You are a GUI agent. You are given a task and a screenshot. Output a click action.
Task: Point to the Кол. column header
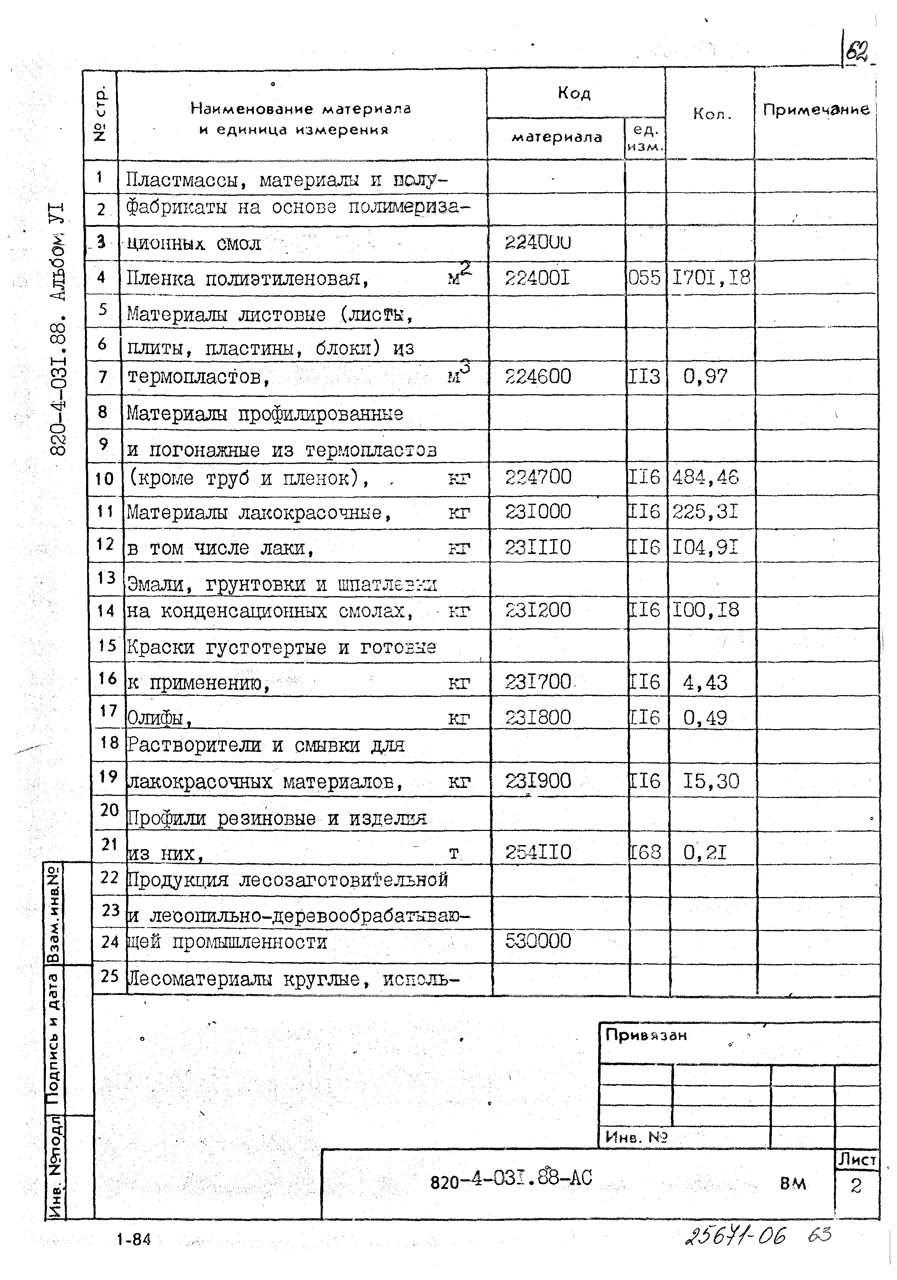coord(711,114)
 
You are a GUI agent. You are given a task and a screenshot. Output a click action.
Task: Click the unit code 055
coord(644,277)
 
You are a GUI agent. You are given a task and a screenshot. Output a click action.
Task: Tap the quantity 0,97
coord(705,377)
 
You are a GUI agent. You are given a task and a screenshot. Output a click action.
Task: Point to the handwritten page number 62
coord(857,53)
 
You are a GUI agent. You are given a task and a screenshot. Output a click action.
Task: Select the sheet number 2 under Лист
coord(856,1186)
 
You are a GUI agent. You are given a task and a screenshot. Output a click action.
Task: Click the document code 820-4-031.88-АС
coord(511,1178)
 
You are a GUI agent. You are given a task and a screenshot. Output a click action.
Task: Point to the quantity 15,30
coord(711,781)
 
